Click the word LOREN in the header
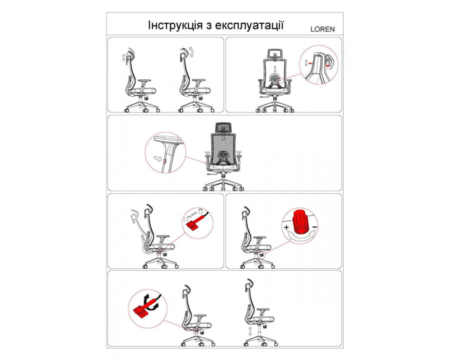click(x=322, y=29)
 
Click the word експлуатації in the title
click(x=249, y=26)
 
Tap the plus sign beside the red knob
click(x=286, y=227)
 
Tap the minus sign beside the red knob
click(x=314, y=227)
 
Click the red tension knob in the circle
click(x=300, y=222)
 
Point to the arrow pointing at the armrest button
click(x=157, y=158)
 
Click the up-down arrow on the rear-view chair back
click(x=275, y=68)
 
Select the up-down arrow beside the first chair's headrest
click(x=123, y=57)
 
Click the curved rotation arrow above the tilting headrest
click(x=192, y=52)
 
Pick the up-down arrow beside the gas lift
click(x=250, y=331)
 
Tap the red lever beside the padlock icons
click(x=195, y=221)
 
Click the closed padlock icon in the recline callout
click(x=200, y=211)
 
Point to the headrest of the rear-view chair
click(x=275, y=53)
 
